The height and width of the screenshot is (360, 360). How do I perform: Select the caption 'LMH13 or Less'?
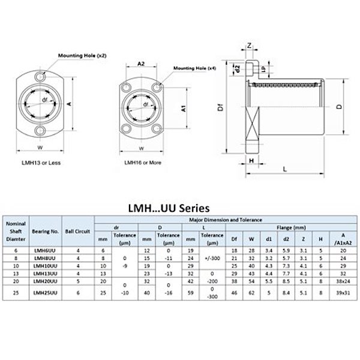tap(38, 163)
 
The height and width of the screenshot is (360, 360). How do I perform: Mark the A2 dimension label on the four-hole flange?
tap(142, 63)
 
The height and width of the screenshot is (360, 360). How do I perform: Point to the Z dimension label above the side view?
tap(249, 45)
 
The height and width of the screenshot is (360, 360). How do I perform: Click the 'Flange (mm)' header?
tap(291, 227)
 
